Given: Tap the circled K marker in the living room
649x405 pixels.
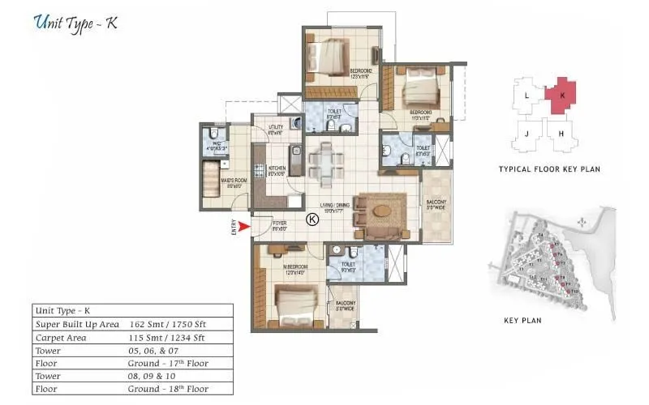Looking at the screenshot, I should pyautogui.click(x=312, y=218).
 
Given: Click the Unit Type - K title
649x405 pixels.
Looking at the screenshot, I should pyautogui.click(x=77, y=23).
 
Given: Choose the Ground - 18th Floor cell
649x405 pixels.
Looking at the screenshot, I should pyautogui.click(x=163, y=389).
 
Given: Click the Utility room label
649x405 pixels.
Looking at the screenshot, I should pyautogui.click(x=275, y=128).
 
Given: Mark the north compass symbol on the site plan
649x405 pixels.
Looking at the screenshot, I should pyautogui.click(x=581, y=221).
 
